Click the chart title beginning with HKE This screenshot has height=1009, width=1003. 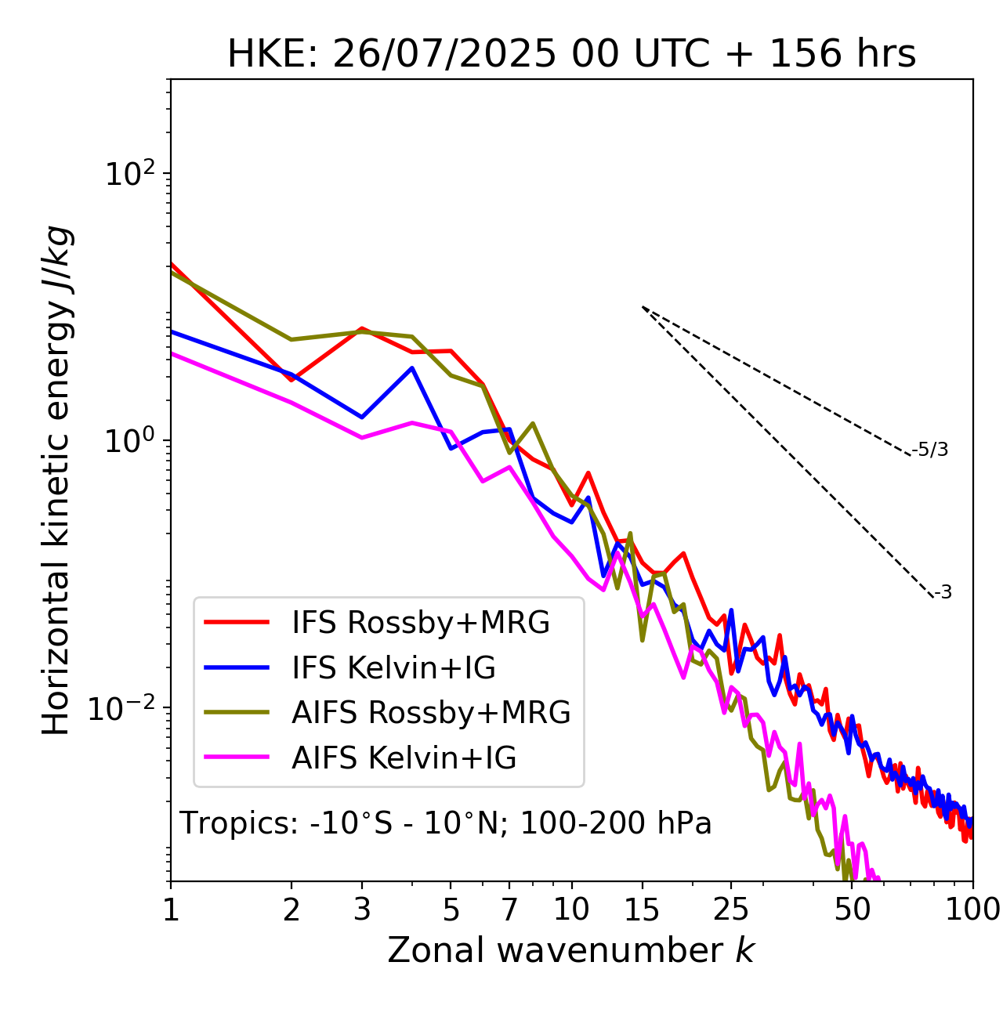[x=571, y=54]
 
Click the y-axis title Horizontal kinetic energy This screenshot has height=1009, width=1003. [x=57, y=481]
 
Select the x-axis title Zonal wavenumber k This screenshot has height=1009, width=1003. [x=571, y=950]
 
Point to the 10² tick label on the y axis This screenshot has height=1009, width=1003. [x=129, y=174]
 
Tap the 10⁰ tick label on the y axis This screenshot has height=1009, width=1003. [x=129, y=441]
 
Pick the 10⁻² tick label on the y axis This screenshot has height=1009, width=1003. [x=125, y=708]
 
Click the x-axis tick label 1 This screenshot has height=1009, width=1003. [x=171, y=910]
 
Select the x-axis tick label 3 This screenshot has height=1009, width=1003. [x=362, y=910]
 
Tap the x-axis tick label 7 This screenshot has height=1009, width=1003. [x=509, y=910]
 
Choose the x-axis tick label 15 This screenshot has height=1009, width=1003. [x=642, y=910]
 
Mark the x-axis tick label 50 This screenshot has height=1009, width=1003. [x=852, y=910]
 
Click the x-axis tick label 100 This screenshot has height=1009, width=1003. [x=972, y=910]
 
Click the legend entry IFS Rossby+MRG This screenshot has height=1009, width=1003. [x=421, y=623]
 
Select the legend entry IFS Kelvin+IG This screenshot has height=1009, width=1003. [x=393, y=667]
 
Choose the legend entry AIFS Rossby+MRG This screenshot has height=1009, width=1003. [x=431, y=713]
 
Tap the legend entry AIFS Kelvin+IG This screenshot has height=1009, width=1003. [x=404, y=758]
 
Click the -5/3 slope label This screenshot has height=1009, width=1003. [x=931, y=450]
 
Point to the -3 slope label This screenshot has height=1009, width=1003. [x=943, y=593]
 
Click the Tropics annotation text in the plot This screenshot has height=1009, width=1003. [x=445, y=823]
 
